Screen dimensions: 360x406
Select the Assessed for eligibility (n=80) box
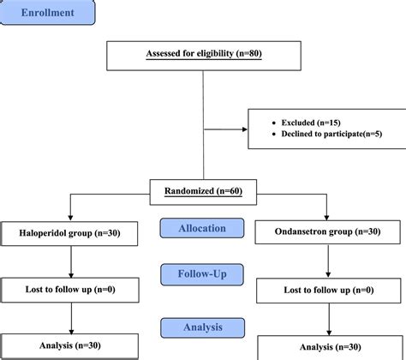tap(203, 54)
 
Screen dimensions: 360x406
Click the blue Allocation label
tap(203, 229)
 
